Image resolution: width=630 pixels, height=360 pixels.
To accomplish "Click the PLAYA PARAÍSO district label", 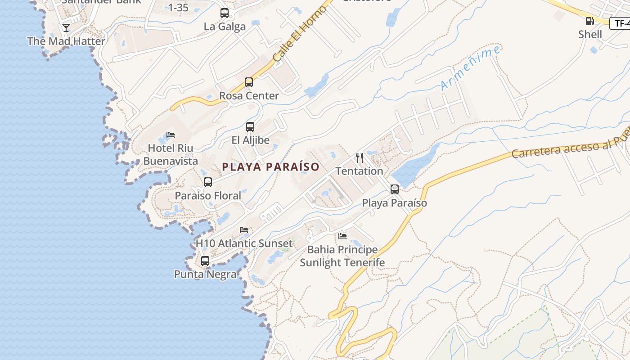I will [270, 167].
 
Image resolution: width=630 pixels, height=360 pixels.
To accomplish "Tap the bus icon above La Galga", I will [225, 13].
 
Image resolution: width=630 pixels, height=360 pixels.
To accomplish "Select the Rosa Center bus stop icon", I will [249, 82].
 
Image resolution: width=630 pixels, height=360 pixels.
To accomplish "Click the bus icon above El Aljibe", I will [250, 127].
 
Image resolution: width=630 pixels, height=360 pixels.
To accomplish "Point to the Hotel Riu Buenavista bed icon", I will [171, 135].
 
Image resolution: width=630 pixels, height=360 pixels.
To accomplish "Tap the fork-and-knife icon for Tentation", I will [360, 157].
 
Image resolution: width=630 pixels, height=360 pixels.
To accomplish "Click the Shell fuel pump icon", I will [589, 21].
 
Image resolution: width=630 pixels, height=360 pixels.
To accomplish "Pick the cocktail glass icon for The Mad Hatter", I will [66, 28].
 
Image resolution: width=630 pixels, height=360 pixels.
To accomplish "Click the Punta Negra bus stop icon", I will [205, 261].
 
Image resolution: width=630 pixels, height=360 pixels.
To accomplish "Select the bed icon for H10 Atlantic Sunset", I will [244, 230].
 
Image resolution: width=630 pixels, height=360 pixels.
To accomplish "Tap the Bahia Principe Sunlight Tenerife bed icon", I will [342, 236].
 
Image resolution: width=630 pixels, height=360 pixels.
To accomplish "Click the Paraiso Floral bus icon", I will [208, 182].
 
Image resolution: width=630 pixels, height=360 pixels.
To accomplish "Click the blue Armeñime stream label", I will [470, 68].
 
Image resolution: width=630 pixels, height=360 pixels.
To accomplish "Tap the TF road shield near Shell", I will [620, 23].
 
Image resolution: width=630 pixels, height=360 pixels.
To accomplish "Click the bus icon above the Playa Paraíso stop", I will [395, 189].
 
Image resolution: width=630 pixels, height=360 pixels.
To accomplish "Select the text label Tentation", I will [360, 171].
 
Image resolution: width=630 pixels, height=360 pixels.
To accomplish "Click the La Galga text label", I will [225, 27].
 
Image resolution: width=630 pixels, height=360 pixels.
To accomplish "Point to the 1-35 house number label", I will [178, 7].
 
